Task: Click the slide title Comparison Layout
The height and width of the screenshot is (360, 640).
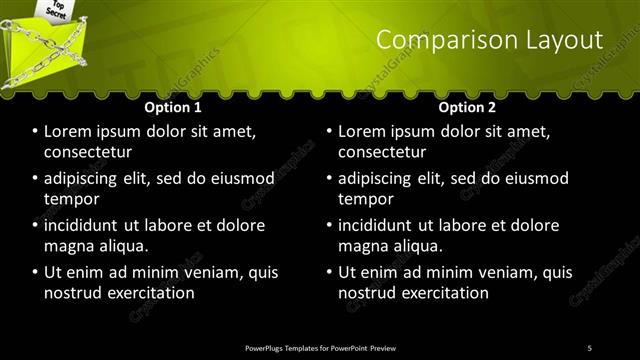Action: click(x=489, y=40)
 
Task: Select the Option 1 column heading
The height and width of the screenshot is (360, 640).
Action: click(x=173, y=107)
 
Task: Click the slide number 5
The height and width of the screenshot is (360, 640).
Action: click(x=589, y=347)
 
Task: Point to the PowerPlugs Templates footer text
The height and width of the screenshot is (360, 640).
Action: click(x=320, y=347)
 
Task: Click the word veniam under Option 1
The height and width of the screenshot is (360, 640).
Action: click(x=211, y=272)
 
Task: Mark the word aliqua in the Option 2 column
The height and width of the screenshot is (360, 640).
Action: click(x=420, y=246)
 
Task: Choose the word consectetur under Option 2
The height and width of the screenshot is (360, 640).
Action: click(x=385, y=152)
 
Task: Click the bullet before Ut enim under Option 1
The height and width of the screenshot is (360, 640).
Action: click(x=34, y=272)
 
